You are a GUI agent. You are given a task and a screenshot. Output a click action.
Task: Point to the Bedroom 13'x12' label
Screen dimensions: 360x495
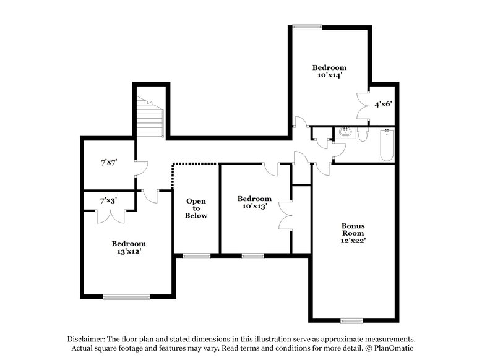click(128, 247)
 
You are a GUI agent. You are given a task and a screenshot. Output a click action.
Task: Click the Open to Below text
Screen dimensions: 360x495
click(197, 208)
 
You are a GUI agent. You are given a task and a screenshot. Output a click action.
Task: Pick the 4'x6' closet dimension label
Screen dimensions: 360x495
click(382, 105)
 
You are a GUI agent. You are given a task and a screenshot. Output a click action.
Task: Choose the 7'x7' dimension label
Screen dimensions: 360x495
click(110, 163)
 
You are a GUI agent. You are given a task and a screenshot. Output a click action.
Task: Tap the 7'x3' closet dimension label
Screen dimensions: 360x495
click(110, 200)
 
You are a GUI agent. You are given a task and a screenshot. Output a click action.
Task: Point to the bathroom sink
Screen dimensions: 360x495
click(344, 132)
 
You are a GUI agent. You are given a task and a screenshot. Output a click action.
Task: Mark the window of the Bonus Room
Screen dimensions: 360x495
click(351, 320)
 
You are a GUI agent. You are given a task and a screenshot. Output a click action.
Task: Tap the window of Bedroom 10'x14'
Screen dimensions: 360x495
click(307, 26)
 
